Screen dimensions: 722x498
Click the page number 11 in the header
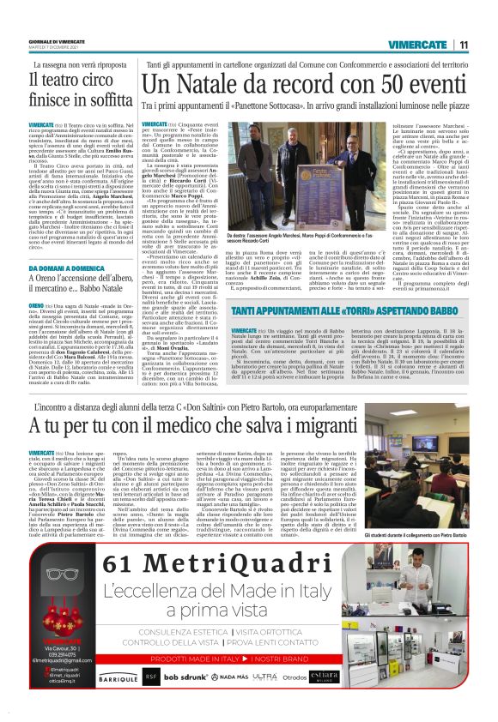462,45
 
